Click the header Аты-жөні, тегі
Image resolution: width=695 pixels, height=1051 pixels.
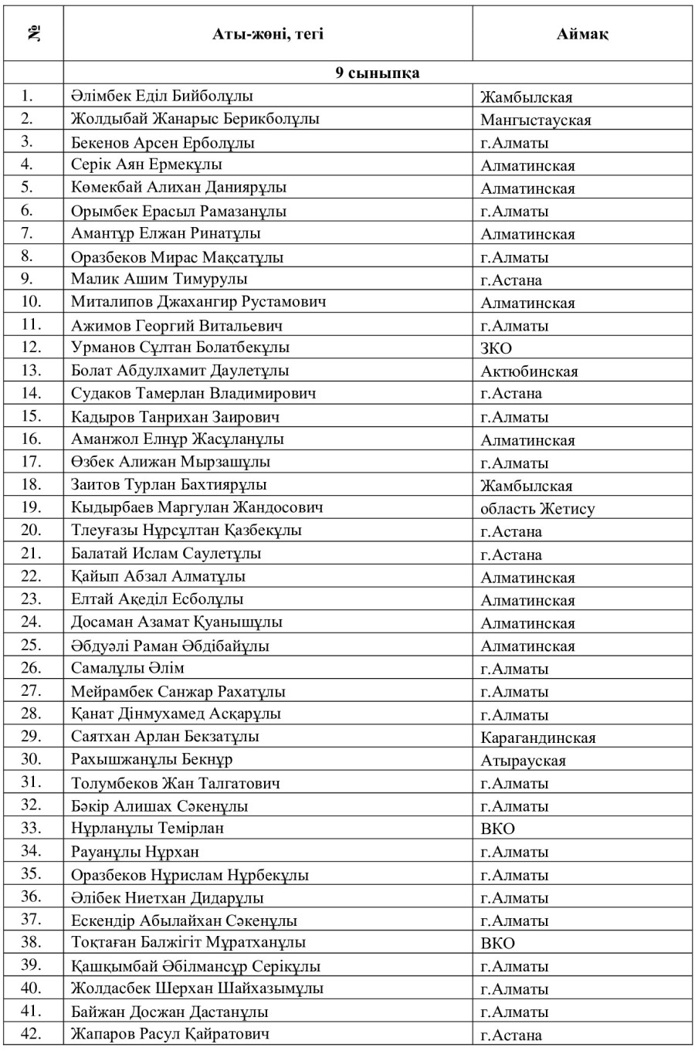[268, 34]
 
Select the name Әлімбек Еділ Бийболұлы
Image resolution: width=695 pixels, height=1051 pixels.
[162, 97]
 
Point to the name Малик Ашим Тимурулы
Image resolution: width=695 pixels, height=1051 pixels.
[159, 280]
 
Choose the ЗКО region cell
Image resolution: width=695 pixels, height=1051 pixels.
[496, 348]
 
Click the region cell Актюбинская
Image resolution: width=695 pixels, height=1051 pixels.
[529, 371]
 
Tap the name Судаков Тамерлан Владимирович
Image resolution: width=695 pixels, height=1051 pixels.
[193, 394]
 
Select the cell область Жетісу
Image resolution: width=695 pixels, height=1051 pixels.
[537, 509]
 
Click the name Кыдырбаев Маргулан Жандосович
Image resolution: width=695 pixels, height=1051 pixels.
[197, 508]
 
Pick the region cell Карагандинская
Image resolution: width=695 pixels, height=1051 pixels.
[537, 737]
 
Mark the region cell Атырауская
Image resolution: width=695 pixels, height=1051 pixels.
[523, 761]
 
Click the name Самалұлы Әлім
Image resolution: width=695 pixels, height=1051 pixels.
[127, 669]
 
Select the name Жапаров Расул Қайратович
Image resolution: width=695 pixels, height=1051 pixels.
[170, 1034]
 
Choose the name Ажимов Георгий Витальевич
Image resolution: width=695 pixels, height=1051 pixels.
[177, 326]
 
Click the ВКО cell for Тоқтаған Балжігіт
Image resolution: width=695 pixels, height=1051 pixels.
[497, 944]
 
